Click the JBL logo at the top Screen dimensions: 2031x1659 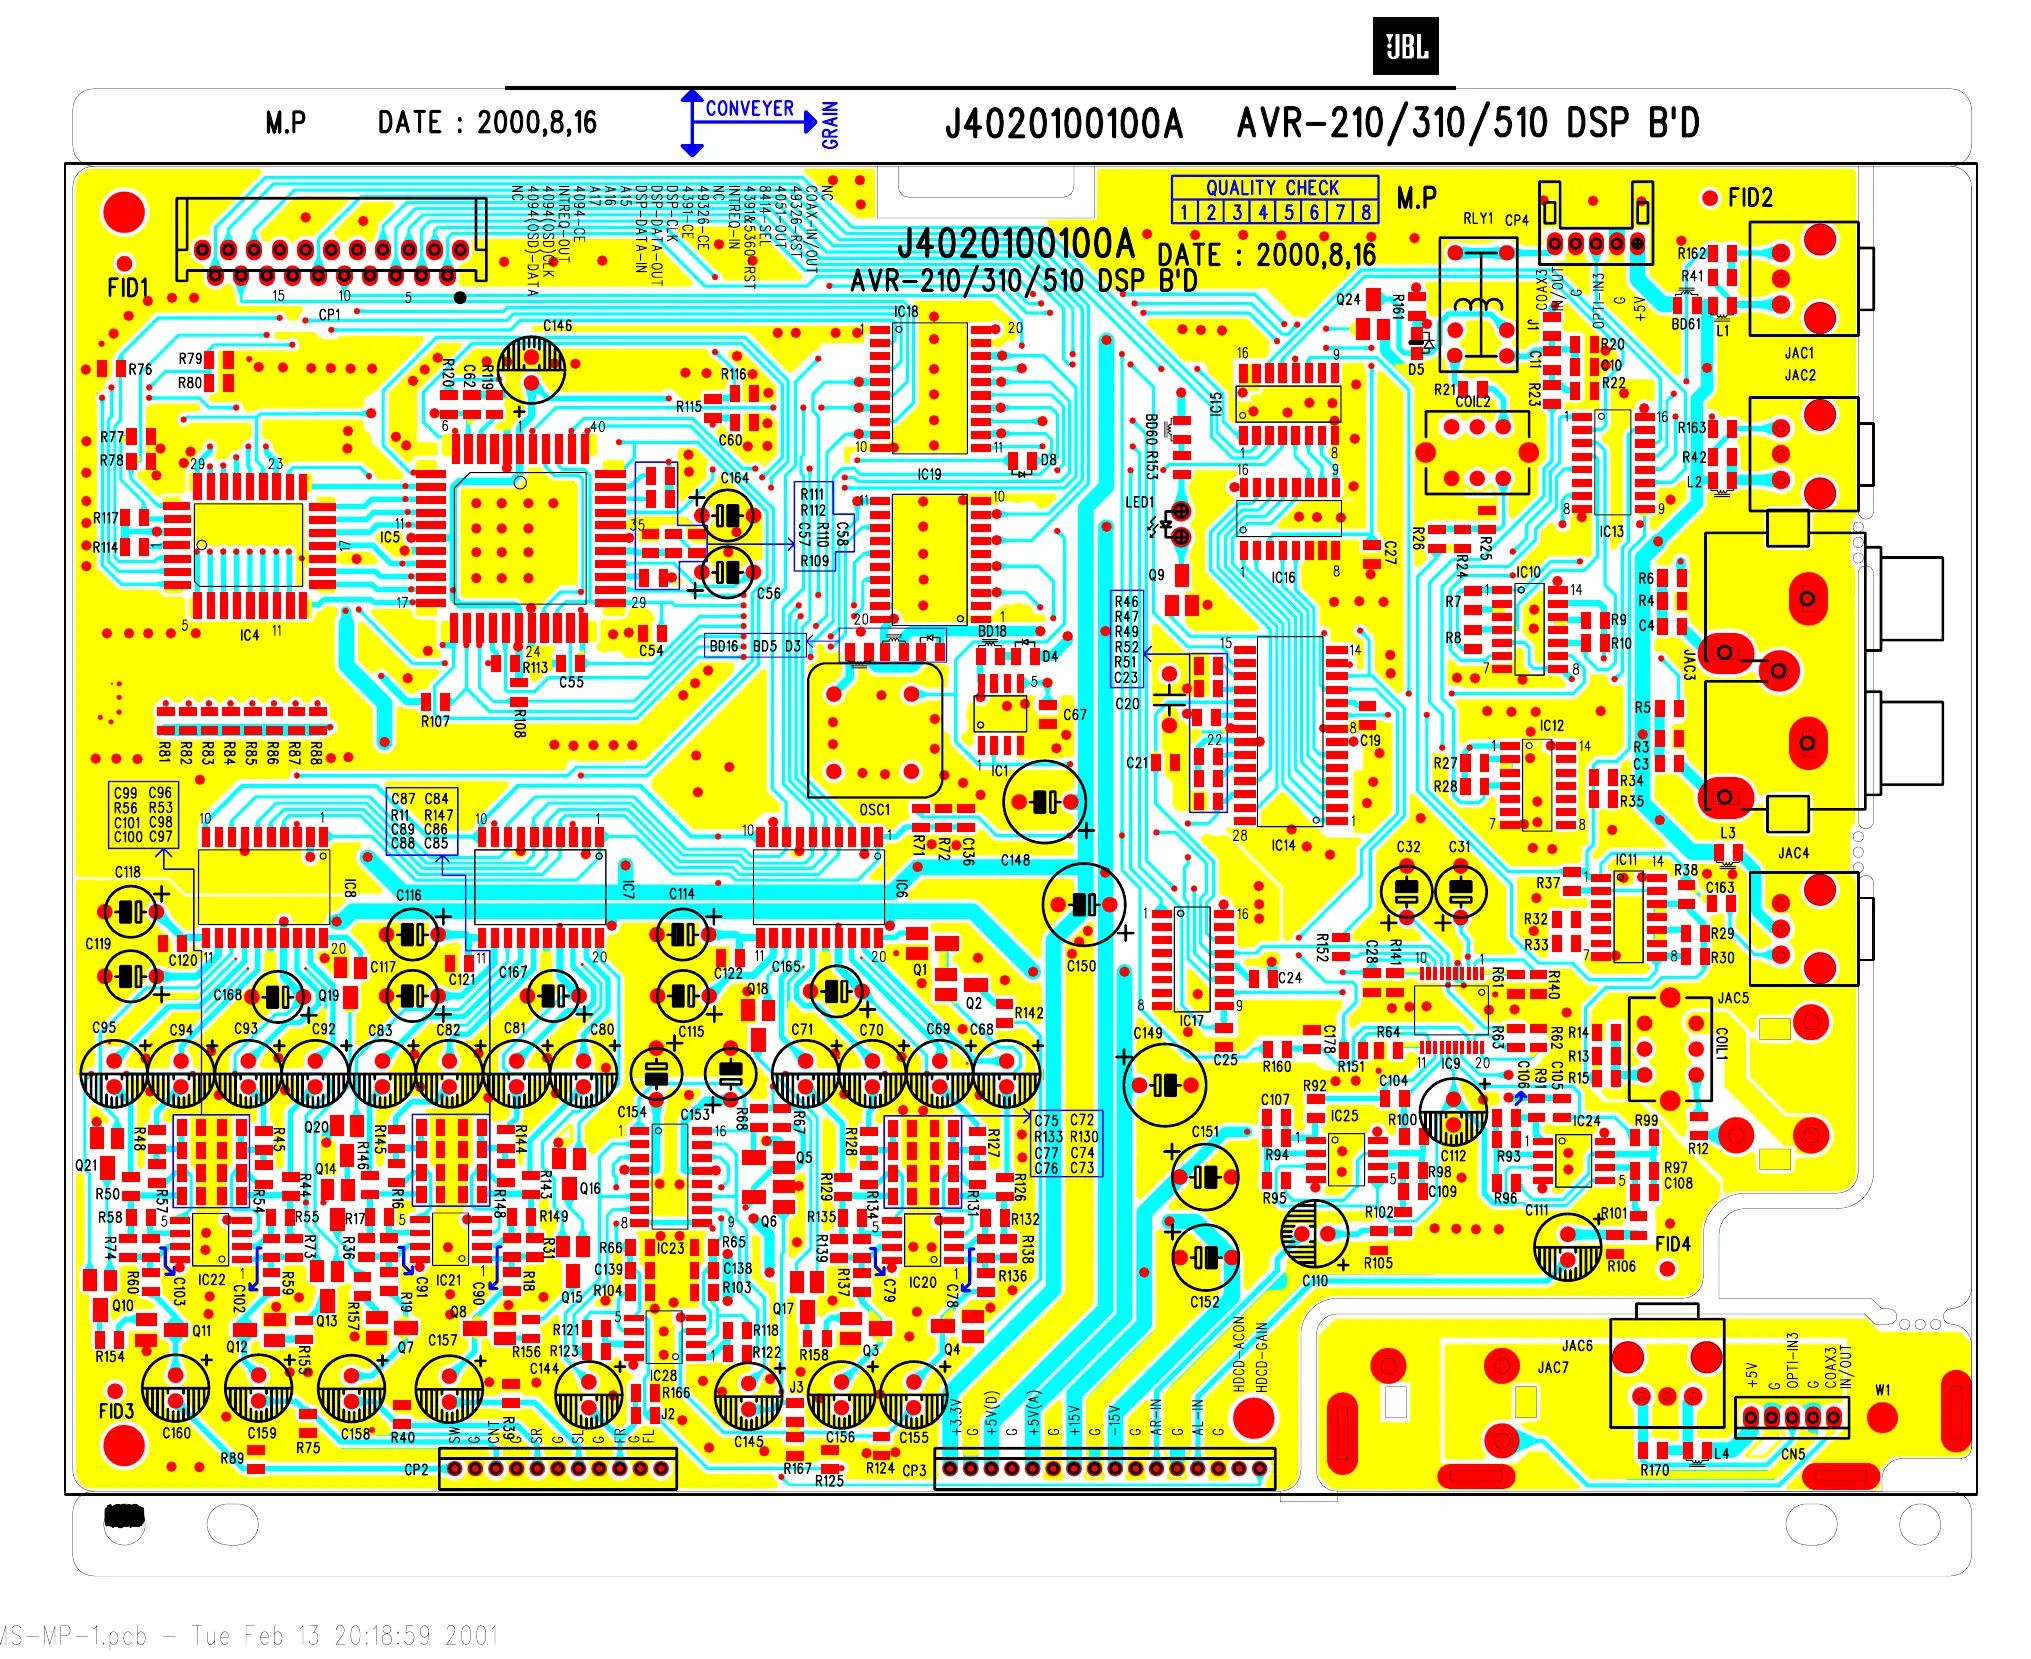pos(1405,47)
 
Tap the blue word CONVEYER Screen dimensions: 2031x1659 pos(749,108)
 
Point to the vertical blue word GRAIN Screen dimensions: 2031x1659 pos(830,125)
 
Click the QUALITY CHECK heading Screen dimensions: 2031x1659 pos(1272,187)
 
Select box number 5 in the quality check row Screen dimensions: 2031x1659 pos(1288,212)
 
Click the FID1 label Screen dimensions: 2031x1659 pos(127,288)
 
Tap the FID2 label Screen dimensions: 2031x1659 pos(1750,198)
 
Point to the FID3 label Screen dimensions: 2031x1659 pos(116,1411)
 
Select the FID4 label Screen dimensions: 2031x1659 pos(1672,1244)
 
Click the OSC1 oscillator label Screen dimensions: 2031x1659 pos(874,810)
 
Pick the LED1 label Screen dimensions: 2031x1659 pos(1139,502)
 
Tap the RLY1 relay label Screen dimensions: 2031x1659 pos(1477,218)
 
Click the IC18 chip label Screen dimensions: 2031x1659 pos(906,312)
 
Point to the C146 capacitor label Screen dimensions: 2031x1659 pos(557,326)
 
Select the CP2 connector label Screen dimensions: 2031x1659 pos(416,1470)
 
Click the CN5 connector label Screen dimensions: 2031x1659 pos(1792,1454)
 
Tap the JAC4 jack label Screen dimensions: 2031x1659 pos(1793,853)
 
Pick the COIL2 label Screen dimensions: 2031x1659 pos(1472,402)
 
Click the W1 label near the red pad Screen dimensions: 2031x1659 pos(1883,1390)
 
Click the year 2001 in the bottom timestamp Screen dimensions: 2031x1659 pos(471,1635)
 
